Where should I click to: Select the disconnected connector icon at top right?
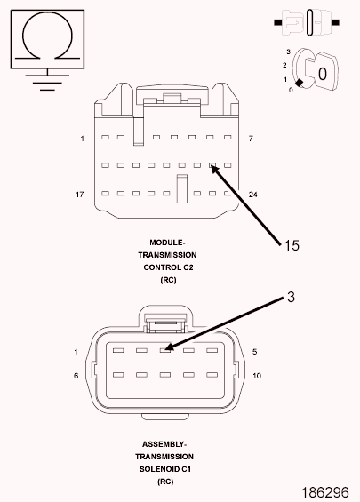pyautogui.click(x=307, y=22)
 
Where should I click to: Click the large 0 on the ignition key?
pyautogui.click(x=322, y=74)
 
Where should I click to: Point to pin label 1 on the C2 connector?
pyautogui.click(x=83, y=139)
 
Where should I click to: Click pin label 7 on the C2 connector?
pyautogui.click(x=251, y=139)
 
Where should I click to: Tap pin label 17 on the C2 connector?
pyautogui.click(x=80, y=195)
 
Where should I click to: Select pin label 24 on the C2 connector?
pyautogui.click(x=253, y=195)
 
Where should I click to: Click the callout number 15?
pyautogui.click(x=292, y=245)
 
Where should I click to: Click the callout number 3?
pyautogui.click(x=291, y=297)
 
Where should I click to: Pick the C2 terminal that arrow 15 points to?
pyautogui.click(x=212, y=165)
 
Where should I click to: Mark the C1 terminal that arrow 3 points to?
pyautogui.click(x=165, y=350)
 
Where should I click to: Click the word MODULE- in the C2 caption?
pyautogui.click(x=167, y=243)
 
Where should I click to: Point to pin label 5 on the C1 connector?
pyautogui.click(x=254, y=352)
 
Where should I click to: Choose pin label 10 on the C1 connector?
pyautogui.click(x=257, y=376)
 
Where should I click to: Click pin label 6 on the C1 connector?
pyautogui.click(x=76, y=376)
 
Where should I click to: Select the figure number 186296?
pyautogui.click(x=325, y=492)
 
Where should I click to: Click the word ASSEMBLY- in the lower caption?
pyautogui.click(x=164, y=444)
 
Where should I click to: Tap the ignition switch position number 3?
pyautogui.click(x=289, y=52)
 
